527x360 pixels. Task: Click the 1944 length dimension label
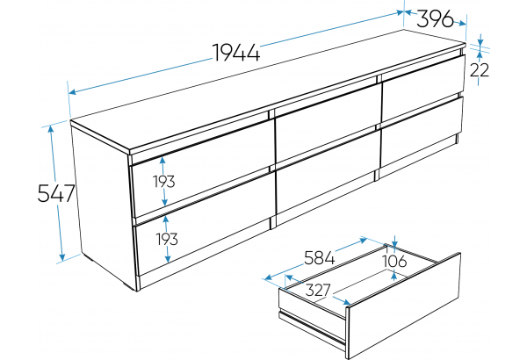point(236,53)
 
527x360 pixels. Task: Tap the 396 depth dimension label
point(435,18)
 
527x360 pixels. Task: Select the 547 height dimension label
point(56,193)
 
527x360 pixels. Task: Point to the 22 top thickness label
point(480,70)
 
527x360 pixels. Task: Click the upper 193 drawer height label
point(164,182)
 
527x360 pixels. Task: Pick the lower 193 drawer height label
point(167,239)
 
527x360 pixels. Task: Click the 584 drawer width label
point(320,258)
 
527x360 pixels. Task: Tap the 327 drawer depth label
point(318,290)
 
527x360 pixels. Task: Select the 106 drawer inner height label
point(395,261)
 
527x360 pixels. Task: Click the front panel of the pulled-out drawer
point(403,306)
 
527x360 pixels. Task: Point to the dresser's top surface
point(269,90)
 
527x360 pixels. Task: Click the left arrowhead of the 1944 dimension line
point(72,91)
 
